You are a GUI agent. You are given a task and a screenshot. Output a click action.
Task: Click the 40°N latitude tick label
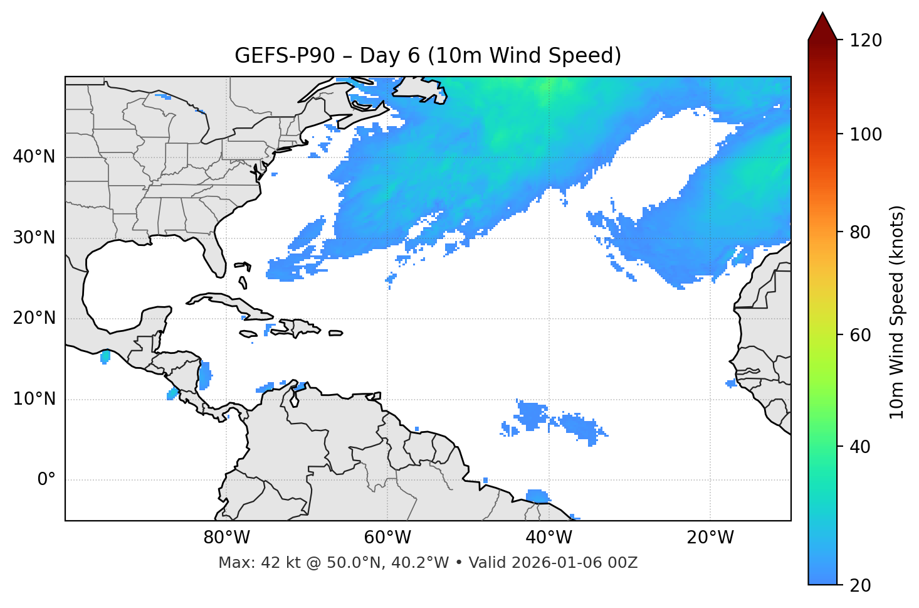coord(34,157)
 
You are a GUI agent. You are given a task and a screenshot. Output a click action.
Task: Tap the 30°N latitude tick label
coord(34,238)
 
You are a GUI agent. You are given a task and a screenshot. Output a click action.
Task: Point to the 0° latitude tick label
coord(46,480)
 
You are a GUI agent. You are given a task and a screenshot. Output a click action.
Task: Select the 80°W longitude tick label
coord(226,538)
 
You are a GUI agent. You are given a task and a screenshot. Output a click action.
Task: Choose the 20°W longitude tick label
coord(710,538)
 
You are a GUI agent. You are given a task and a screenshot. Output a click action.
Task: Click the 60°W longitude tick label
coord(387,538)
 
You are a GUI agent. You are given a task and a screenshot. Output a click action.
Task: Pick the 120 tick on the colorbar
coord(866,41)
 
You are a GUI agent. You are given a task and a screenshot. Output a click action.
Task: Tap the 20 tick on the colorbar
coord(861,585)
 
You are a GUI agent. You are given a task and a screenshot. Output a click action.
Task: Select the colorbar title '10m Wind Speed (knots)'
coord(897,312)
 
